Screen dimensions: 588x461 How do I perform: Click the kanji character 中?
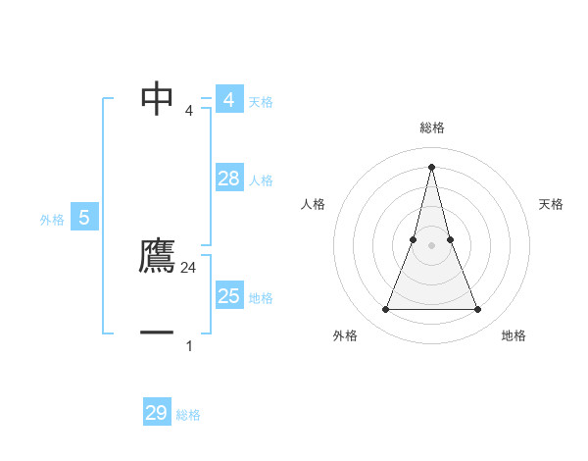[x=158, y=98]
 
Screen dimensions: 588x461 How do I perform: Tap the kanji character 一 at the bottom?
[x=158, y=333]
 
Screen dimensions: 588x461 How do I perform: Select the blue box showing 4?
[x=229, y=100]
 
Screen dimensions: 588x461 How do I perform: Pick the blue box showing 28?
[x=229, y=179]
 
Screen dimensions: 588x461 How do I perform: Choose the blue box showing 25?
[x=229, y=296]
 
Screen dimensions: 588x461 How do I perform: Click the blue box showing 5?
[x=84, y=218]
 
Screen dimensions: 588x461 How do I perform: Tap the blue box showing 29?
[x=157, y=413]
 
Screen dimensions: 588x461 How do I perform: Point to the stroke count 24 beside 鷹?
[x=189, y=267]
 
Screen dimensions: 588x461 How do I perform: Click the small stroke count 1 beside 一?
[x=189, y=345]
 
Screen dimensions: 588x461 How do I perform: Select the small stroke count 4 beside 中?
[x=189, y=110]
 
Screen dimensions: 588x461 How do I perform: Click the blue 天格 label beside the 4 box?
[x=261, y=102]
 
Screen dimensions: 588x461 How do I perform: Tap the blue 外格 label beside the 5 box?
[x=52, y=220]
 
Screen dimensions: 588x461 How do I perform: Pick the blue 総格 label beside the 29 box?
[x=188, y=415]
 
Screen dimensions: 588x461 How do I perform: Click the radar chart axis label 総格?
[x=432, y=128]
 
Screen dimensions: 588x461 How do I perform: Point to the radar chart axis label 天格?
[x=552, y=204]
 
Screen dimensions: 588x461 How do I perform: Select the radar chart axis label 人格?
[x=313, y=204]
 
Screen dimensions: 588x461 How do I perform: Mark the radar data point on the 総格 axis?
[x=432, y=166]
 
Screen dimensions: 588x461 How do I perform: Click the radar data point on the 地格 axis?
[x=478, y=310]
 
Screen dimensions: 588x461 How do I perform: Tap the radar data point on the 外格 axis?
[x=385, y=310]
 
